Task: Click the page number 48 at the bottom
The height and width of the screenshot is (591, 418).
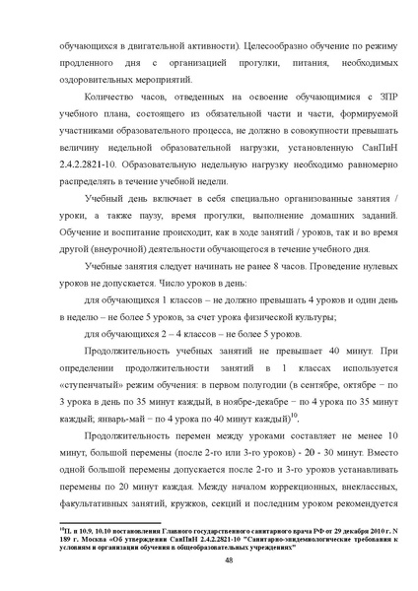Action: click(x=209, y=558)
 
